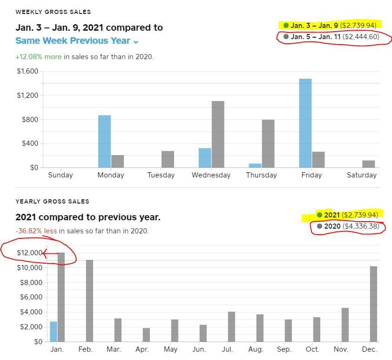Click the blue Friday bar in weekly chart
[305, 123]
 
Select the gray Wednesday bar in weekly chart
[218, 134]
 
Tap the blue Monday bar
[104, 141]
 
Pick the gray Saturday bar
[368, 164]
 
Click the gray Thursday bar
[268, 143]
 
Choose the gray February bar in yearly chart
[89, 301]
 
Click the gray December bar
[373, 304]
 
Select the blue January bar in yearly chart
[54, 331]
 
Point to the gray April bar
[146, 334]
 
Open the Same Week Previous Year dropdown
[77, 41]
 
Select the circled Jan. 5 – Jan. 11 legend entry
[334, 36]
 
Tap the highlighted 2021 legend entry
[347, 215]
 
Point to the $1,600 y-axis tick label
[27, 71]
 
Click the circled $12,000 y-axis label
[29, 253]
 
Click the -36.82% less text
[36, 231]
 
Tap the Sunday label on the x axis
[61, 175]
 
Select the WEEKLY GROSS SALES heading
[53, 12]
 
